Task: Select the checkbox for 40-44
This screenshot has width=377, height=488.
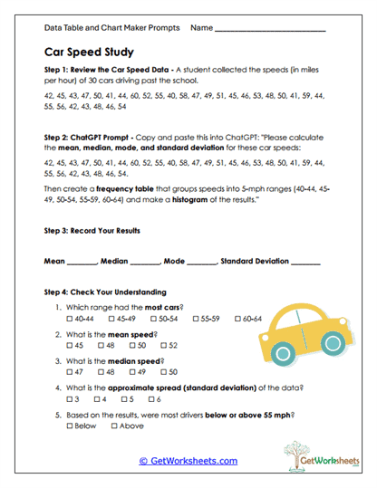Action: [x=72, y=319]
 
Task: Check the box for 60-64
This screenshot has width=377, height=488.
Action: [x=237, y=319]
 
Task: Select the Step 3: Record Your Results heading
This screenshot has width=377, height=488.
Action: [x=92, y=230]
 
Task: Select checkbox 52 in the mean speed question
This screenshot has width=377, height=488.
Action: [x=164, y=345]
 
